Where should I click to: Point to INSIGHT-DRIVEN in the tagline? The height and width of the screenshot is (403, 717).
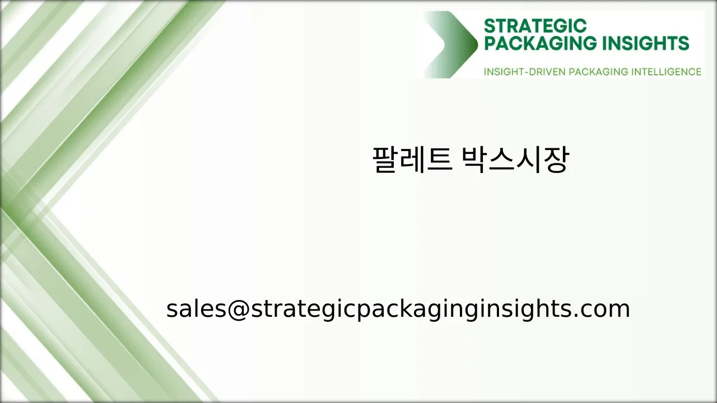[x=524, y=72]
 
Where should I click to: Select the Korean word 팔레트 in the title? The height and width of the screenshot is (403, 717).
[x=412, y=160]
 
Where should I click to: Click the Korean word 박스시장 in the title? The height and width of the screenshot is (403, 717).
[x=514, y=160]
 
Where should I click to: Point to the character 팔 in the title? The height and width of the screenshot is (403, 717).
[x=385, y=160]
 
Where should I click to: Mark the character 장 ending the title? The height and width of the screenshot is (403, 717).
[x=556, y=160]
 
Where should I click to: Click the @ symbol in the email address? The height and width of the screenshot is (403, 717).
[x=237, y=309]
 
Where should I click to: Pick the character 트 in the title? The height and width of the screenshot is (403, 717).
[x=439, y=160]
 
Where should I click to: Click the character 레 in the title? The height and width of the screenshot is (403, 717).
[x=412, y=160]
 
